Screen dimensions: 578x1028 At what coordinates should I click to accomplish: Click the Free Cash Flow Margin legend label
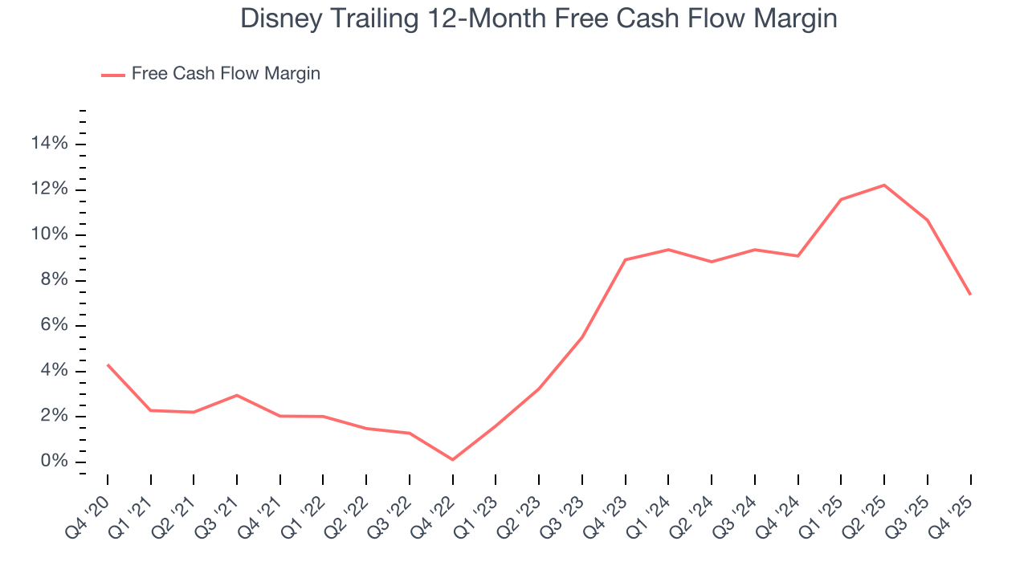point(226,74)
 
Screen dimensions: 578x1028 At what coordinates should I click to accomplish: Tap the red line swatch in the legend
point(113,75)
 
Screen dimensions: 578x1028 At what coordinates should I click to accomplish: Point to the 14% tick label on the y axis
point(50,144)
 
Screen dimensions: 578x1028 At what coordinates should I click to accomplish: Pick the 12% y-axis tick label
point(50,189)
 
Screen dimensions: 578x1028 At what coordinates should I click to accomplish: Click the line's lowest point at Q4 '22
point(453,459)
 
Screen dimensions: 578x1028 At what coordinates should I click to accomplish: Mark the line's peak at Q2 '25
point(884,185)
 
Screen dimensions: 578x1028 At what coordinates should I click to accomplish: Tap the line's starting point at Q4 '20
point(108,365)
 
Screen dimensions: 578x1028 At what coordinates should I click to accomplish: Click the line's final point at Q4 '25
point(970,294)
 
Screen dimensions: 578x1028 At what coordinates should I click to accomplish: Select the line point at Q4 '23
point(626,259)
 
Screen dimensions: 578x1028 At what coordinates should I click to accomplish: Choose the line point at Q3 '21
point(237,395)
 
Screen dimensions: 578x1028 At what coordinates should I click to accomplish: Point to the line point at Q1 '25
point(841,199)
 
